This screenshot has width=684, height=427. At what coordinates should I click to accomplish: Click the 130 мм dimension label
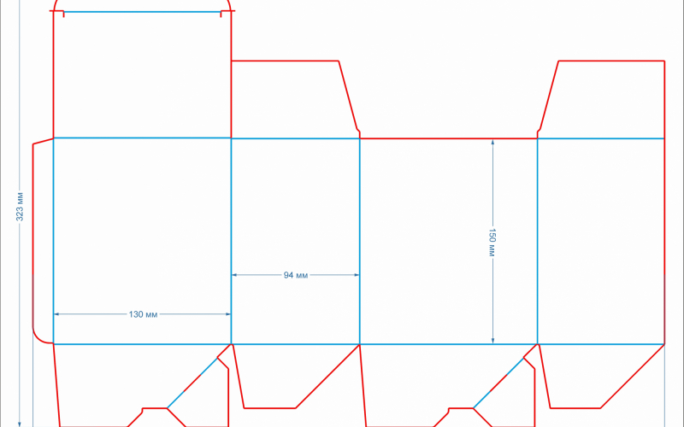click(x=143, y=314)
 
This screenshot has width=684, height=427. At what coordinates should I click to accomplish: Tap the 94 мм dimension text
click(x=296, y=275)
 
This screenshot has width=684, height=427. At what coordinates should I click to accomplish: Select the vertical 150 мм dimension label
click(x=492, y=243)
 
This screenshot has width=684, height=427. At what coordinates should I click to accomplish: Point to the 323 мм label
click(x=20, y=207)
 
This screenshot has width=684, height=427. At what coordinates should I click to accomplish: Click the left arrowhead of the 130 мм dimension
click(x=56, y=314)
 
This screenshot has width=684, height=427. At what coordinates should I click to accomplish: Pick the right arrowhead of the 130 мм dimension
click(x=228, y=314)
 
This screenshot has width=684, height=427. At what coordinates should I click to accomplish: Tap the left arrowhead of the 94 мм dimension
click(x=234, y=275)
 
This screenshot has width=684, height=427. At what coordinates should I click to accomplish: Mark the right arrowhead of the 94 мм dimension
click(x=357, y=275)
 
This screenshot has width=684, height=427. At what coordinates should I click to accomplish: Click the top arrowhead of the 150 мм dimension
click(x=493, y=142)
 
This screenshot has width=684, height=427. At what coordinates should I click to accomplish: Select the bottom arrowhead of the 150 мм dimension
click(x=493, y=341)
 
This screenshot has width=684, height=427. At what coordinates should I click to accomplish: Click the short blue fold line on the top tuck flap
click(x=142, y=12)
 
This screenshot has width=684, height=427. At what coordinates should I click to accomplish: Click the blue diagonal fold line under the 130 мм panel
click(x=192, y=383)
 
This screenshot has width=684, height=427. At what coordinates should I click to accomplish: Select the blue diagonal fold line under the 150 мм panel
click(x=498, y=383)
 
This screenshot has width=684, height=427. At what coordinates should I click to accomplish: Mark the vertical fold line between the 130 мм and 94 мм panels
click(x=231, y=242)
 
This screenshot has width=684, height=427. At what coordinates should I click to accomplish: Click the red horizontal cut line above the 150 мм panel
click(x=448, y=138)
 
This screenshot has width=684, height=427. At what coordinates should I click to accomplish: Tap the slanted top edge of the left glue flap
click(x=44, y=141)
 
